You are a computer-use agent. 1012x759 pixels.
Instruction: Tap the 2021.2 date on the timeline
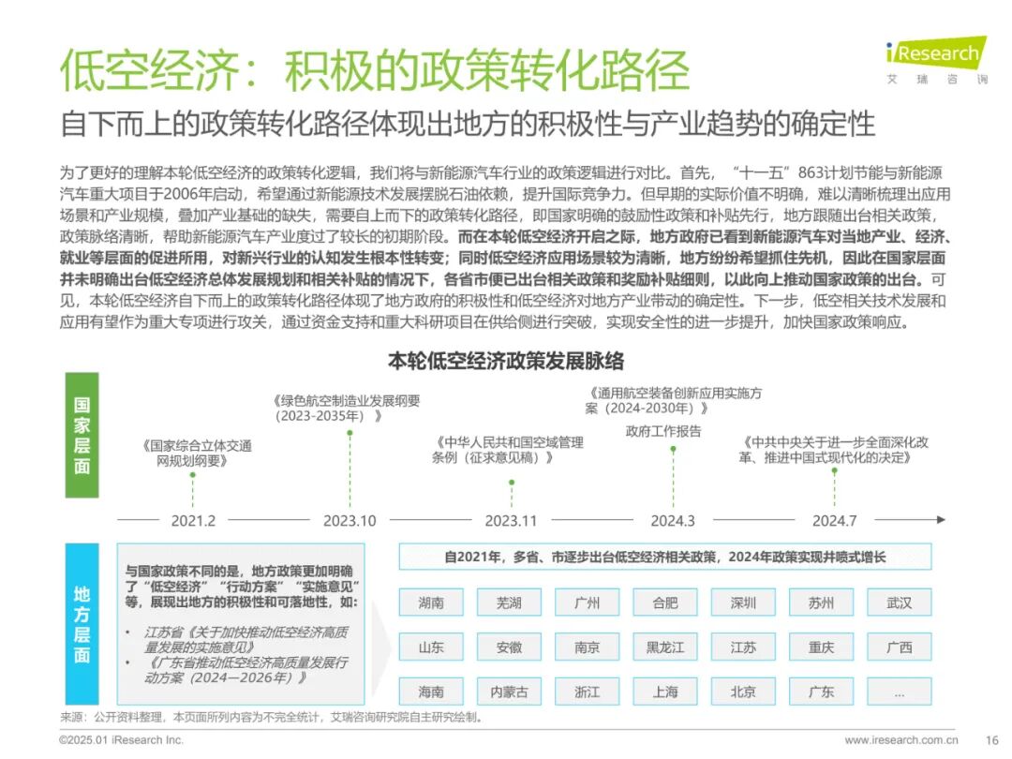(x=193, y=520)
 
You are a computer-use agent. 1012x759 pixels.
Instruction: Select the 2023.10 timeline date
(x=350, y=520)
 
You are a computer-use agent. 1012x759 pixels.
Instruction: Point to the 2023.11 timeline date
(x=511, y=520)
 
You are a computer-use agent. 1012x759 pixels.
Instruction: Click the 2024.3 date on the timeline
(x=673, y=520)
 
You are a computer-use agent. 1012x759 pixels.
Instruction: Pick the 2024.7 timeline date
(x=834, y=520)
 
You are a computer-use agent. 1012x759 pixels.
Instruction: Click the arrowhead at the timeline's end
(x=940, y=519)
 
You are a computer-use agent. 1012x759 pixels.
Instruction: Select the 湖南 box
(x=431, y=603)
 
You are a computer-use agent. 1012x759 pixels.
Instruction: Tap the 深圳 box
(x=743, y=603)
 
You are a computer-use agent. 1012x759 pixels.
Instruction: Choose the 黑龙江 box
(x=665, y=647)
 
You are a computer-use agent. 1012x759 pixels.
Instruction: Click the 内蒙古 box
(x=509, y=692)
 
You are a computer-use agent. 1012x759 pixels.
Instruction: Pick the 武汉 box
(x=900, y=603)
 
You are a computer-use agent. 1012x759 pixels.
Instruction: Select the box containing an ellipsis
(x=900, y=692)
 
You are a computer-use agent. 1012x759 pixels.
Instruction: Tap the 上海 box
(x=665, y=692)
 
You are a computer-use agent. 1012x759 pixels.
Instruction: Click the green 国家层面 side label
(x=82, y=435)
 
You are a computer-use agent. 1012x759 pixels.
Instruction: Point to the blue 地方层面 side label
(x=82, y=624)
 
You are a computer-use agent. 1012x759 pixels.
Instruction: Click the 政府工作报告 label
(x=663, y=431)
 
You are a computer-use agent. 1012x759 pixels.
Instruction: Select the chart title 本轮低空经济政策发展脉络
(x=506, y=361)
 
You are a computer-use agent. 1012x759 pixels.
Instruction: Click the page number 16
(x=992, y=739)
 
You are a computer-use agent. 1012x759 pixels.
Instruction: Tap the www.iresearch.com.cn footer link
(x=900, y=739)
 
